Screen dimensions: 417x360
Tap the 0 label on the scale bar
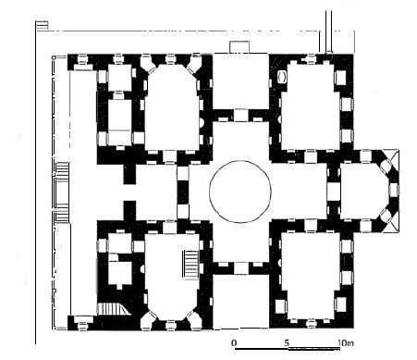pos(234,342)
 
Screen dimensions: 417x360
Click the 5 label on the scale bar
pos(287,342)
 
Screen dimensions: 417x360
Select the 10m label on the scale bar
pos(345,342)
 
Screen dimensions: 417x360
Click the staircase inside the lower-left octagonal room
pos(191,264)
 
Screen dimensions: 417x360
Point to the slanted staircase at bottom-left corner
pos(113,308)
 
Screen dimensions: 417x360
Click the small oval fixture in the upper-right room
pos(282,77)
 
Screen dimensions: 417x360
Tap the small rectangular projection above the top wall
pos(239,47)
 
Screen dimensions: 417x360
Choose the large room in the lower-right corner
pos(311,276)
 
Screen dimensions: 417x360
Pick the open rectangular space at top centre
pos(240,81)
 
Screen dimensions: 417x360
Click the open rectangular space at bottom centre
pos(240,302)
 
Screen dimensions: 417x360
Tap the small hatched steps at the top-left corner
pos(43,25)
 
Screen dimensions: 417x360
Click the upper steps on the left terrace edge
pos(63,169)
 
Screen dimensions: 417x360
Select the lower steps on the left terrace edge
pos(63,213)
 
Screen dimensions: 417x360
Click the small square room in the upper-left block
pos(120,78)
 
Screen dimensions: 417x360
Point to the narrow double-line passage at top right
pos(329,31)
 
